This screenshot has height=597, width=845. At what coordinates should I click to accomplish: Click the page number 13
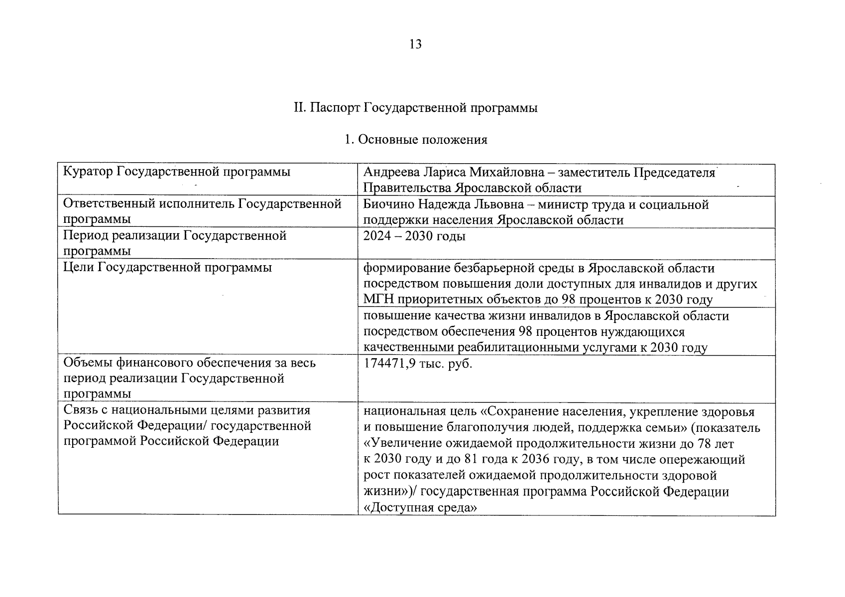point(415,45)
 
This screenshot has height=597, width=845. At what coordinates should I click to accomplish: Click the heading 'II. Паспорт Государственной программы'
point(416,108)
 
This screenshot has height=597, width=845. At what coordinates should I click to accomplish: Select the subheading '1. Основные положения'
point(416,140)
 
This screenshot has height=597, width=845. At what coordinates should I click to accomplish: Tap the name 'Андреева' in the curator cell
point(391,173)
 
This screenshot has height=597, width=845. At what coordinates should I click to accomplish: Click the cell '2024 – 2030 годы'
point(414,236)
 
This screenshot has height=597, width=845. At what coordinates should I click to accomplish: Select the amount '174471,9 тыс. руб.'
point(417,364)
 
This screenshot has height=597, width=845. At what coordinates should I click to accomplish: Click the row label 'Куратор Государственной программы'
point(177,172)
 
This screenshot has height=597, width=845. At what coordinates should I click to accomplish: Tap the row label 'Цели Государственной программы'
point(168,268)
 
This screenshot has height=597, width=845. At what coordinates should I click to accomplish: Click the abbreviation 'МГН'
point(378,300)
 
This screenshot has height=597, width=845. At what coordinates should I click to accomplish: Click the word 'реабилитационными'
point(518,348)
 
